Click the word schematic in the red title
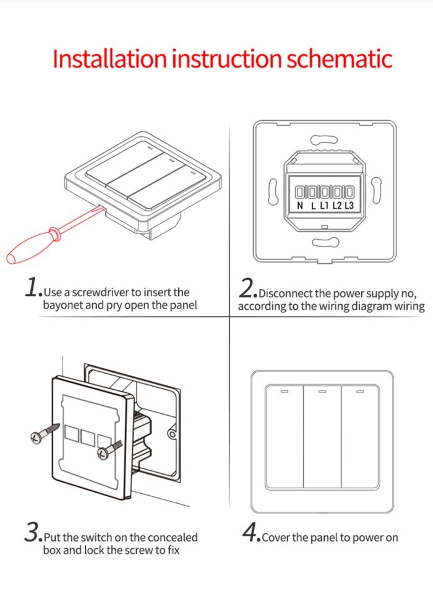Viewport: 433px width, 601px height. (x=339, y=58)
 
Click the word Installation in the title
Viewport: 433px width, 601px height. (x=109, y=58)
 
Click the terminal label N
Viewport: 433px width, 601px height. (x=300, y=205)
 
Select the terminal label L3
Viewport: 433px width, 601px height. (x=349, y=205)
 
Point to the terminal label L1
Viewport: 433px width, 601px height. (x=325, y=205)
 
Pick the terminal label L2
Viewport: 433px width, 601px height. (x=337, y=205)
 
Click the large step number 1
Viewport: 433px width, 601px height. (x=32, y=287)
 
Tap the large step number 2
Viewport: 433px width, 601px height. (x=247, y=289)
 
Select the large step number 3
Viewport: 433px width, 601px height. (x=32, y=533)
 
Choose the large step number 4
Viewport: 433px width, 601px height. (x=251, y=533)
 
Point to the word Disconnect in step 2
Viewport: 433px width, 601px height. (x=286, y=293)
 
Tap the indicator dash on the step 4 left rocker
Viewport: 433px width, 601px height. (x=285, y=392)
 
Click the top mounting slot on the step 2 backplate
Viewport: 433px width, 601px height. (x=321, y=140)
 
